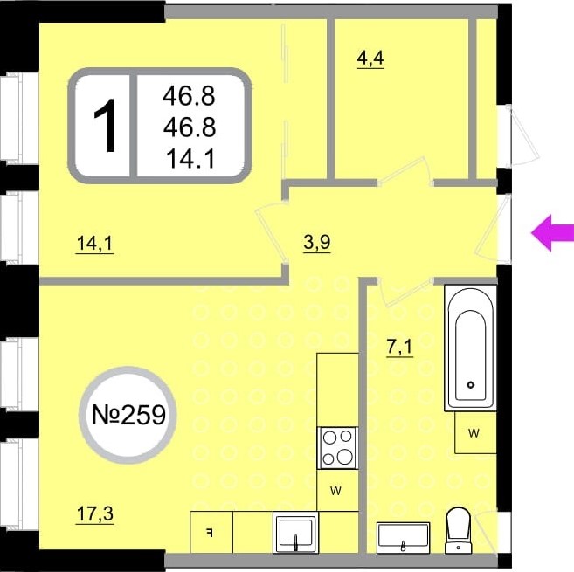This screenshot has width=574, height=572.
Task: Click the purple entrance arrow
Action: (x=553, y=233)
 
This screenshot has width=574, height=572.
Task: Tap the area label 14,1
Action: (x=95, y=244)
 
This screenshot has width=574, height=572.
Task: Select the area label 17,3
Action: (x=95, y=514)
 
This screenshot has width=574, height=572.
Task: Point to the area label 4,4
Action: (x=370, y=59)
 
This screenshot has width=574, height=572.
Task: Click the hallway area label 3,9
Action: (x=317, y=242)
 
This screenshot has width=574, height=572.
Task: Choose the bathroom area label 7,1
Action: (x=400, y=347)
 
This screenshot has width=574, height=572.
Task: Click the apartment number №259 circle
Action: (x=128, y=415)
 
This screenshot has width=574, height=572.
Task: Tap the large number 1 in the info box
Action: (x=105, y=126)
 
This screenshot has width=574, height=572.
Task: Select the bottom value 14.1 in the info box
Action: (x=190, y=159)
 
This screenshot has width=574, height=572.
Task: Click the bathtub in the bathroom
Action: (x=470, y=348)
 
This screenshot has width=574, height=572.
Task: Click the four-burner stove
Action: (x=337, y=448)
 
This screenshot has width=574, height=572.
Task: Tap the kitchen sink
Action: (x=296, y=533)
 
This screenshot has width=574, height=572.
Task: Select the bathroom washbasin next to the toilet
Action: (x=403, y=538)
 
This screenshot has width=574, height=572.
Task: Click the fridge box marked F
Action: (x=211, y=532)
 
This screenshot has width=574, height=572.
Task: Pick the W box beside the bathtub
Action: (x=475, y=432)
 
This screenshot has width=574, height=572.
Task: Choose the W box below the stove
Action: (x=337, y=491)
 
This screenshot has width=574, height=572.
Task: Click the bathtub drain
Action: (x=471, y=384)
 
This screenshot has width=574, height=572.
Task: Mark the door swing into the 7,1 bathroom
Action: (x=405, y=292)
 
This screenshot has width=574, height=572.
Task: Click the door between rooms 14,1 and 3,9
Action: (x=272, y=231)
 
